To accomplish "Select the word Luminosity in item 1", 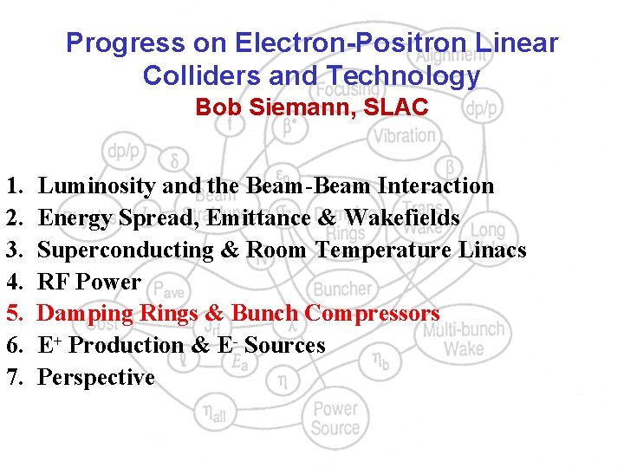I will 98,185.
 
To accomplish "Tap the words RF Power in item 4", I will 89,282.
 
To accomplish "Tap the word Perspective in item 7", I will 96,378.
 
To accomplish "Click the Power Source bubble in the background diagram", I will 335,418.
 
